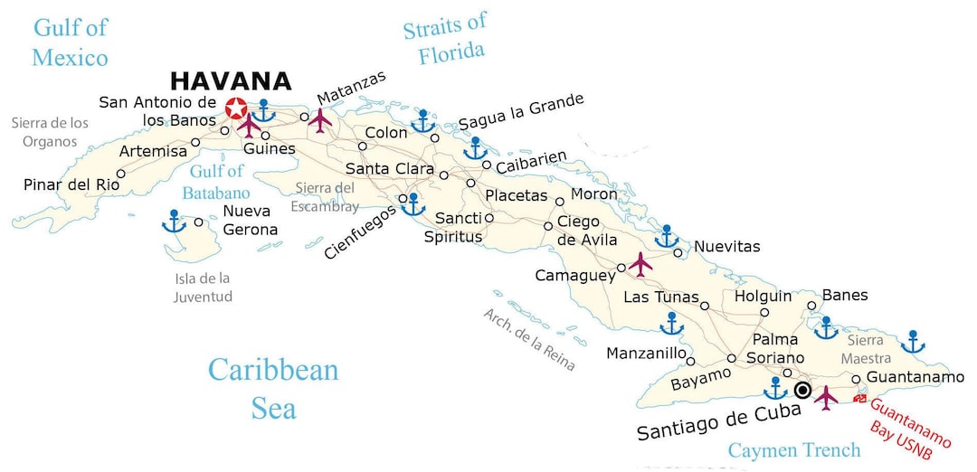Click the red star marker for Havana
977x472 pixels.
pyautogui.click(x=236, y=109)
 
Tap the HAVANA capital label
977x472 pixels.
pyautogui.click(x=231, y=81)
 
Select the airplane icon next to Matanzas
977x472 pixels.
pyautogui.click(x=320, y=120)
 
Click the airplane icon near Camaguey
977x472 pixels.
pyautogui.click(x=640, y=264)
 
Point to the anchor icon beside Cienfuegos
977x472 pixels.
pyautogui.click(x=413, y=204)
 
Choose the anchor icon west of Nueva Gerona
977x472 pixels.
pyautogui.click(x=173, y=221)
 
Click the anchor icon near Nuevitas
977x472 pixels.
pyautogui.click(x=667, y=237)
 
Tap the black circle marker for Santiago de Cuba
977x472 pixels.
pyautogui.click(x=802, y=390)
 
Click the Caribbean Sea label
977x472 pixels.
pyautogui.click(x=272, y=388)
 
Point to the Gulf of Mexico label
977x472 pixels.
pyautogui.click(x=70, y=42)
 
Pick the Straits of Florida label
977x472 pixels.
pyautogui.click(x=444, y=39)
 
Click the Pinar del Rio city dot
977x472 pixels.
pyautogui.click(x=121, y=173)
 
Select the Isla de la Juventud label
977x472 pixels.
pyautogui.click(x=204, y=288)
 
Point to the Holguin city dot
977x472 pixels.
pyautogui.click(x=764, y=312)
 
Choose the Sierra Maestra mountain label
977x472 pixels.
pyautogui.click(x=867, y=349)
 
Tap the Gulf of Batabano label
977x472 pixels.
pyautogui.click(x=216, y=182)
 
